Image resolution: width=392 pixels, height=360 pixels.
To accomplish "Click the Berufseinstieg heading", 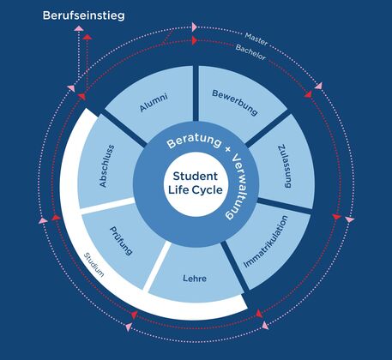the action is coord(83,15).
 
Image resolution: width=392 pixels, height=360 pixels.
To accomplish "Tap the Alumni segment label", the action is coord(154,102).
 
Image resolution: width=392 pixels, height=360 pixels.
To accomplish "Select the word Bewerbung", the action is coord(235,102).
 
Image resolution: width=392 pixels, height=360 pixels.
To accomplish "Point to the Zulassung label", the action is coord(285,166).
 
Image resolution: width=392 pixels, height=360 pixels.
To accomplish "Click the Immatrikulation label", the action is coord(266,242).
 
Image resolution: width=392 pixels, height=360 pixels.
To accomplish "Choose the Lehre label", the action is coord(195,278).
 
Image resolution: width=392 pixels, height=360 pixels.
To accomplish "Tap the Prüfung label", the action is coord(121,241).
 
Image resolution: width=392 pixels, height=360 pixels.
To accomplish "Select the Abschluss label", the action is coord(106,166).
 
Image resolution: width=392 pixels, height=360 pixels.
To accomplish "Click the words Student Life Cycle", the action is coord(196,183).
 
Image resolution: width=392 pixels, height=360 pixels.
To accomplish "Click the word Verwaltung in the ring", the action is coord(236,187).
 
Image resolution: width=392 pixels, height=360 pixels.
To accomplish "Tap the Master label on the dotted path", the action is coord(256,39).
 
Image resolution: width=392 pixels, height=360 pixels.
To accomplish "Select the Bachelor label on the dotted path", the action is coord(250,52).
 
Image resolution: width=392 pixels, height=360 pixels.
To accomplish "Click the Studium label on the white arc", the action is coord(93,265).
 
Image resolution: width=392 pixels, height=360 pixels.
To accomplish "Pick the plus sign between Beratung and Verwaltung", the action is coord(228,149).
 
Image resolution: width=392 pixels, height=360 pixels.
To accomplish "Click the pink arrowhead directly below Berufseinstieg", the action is coord(79,28).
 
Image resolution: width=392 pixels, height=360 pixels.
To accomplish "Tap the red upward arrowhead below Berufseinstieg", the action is coord(87,37).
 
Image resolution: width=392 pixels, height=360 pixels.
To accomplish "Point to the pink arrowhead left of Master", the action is coord(195,27).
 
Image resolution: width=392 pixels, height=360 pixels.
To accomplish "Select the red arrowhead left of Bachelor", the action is coord(195,40).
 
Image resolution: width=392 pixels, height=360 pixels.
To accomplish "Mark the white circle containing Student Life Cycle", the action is coord(196,184).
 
